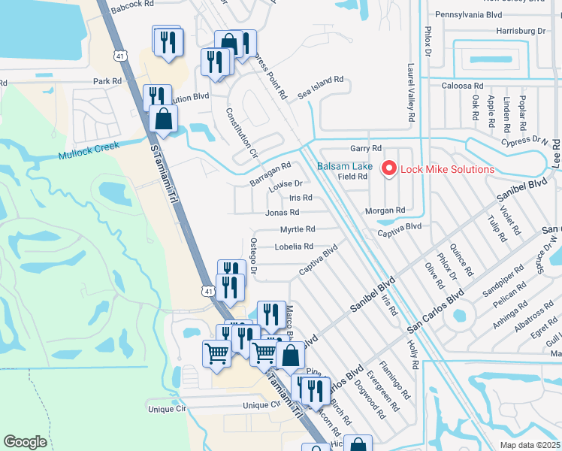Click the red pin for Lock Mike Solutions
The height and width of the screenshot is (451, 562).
point(389,169)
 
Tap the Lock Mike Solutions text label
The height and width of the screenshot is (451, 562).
point(447,169)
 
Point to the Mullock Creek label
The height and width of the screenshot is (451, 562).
point(89,156)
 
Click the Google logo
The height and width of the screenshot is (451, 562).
point(25,442)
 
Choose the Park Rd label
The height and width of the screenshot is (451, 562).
point(107,81)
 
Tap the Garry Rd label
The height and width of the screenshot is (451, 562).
point(366,148)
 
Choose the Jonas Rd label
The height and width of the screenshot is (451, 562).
point(283,213)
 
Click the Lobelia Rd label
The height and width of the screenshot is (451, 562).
point(294,247)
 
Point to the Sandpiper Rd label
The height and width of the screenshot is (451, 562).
point(508,279)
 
